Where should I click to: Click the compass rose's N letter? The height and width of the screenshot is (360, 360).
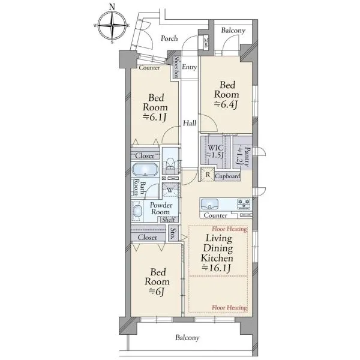tap(112, 7)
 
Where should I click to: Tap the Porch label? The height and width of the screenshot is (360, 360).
tap(169, 38)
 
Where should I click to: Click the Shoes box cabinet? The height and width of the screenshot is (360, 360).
tap(176, 67)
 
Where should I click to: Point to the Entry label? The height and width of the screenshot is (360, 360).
tap(190, 67)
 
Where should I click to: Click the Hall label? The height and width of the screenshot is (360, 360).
tap(190, 123)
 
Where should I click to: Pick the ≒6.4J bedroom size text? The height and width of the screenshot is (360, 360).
tap(226, 104)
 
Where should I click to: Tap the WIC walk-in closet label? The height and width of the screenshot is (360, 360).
tap(215, 148)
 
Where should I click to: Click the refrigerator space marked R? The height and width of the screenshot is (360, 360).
tap(208, 175)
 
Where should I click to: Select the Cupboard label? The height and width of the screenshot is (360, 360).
tap(227, 176)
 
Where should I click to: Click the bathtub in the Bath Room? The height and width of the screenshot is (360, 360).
tap(145, 170)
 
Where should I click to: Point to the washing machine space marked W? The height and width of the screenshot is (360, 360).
tap(170, 190)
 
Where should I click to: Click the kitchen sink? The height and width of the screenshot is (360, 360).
tap(209, 204)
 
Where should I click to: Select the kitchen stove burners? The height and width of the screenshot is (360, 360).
tap(244, 204)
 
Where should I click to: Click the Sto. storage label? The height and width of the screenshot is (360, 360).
tap(173, 233)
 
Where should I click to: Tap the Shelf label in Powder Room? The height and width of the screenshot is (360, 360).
tap(169, 220)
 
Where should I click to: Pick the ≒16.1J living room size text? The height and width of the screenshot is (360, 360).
tap(216, 268)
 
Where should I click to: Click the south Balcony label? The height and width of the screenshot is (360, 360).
tap(187, 337)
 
